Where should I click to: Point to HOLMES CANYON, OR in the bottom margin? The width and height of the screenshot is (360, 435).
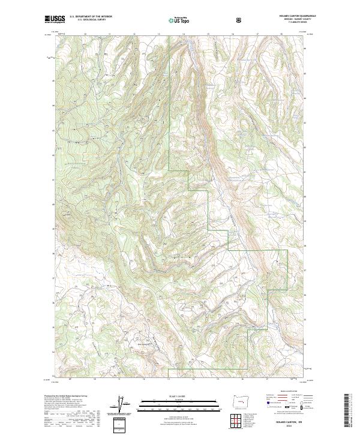click(290, 421)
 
